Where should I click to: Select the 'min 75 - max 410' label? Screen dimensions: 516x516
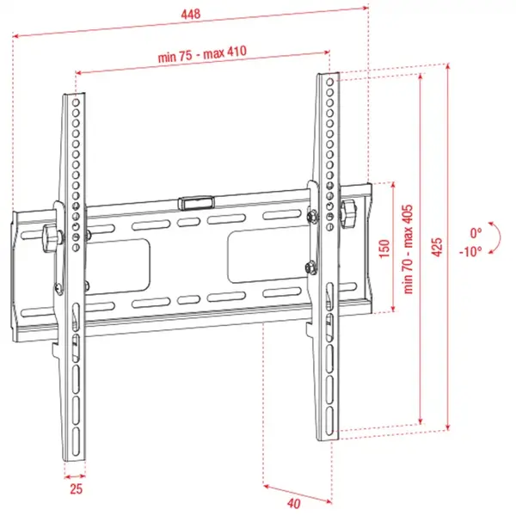tap(203, 54)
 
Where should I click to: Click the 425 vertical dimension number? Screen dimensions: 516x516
tap(438, 247)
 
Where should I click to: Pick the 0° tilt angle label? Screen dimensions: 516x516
tap(476, 233)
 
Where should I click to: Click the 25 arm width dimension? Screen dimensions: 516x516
tap(75, 490)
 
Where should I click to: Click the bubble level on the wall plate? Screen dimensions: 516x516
tap(197, 204)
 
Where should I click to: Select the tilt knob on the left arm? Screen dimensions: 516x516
tap(49, 235)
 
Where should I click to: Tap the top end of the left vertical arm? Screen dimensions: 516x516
tap(75, 95)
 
